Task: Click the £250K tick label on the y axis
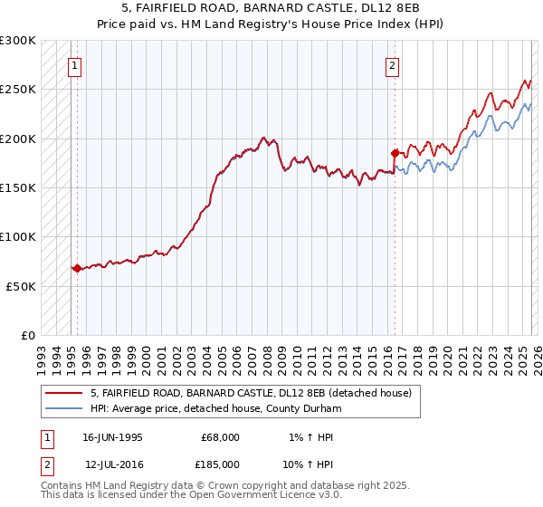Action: click(x=18, y=90)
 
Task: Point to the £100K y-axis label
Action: click(x=18, y=237)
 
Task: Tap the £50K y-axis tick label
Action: click(x=21, y=286)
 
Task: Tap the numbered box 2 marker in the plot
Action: click(x=392, y=65)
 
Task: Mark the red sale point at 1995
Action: click(x=77, y=268)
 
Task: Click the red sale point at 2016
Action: click(x=395, y=153)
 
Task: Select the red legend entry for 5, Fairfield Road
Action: click(x=251, y=393)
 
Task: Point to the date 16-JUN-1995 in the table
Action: click(x=112, y=437)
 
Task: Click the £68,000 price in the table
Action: click(x=220, y=437)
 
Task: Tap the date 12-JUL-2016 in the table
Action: click(x=113, y=464)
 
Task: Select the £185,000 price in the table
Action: click(x=220, y=464)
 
